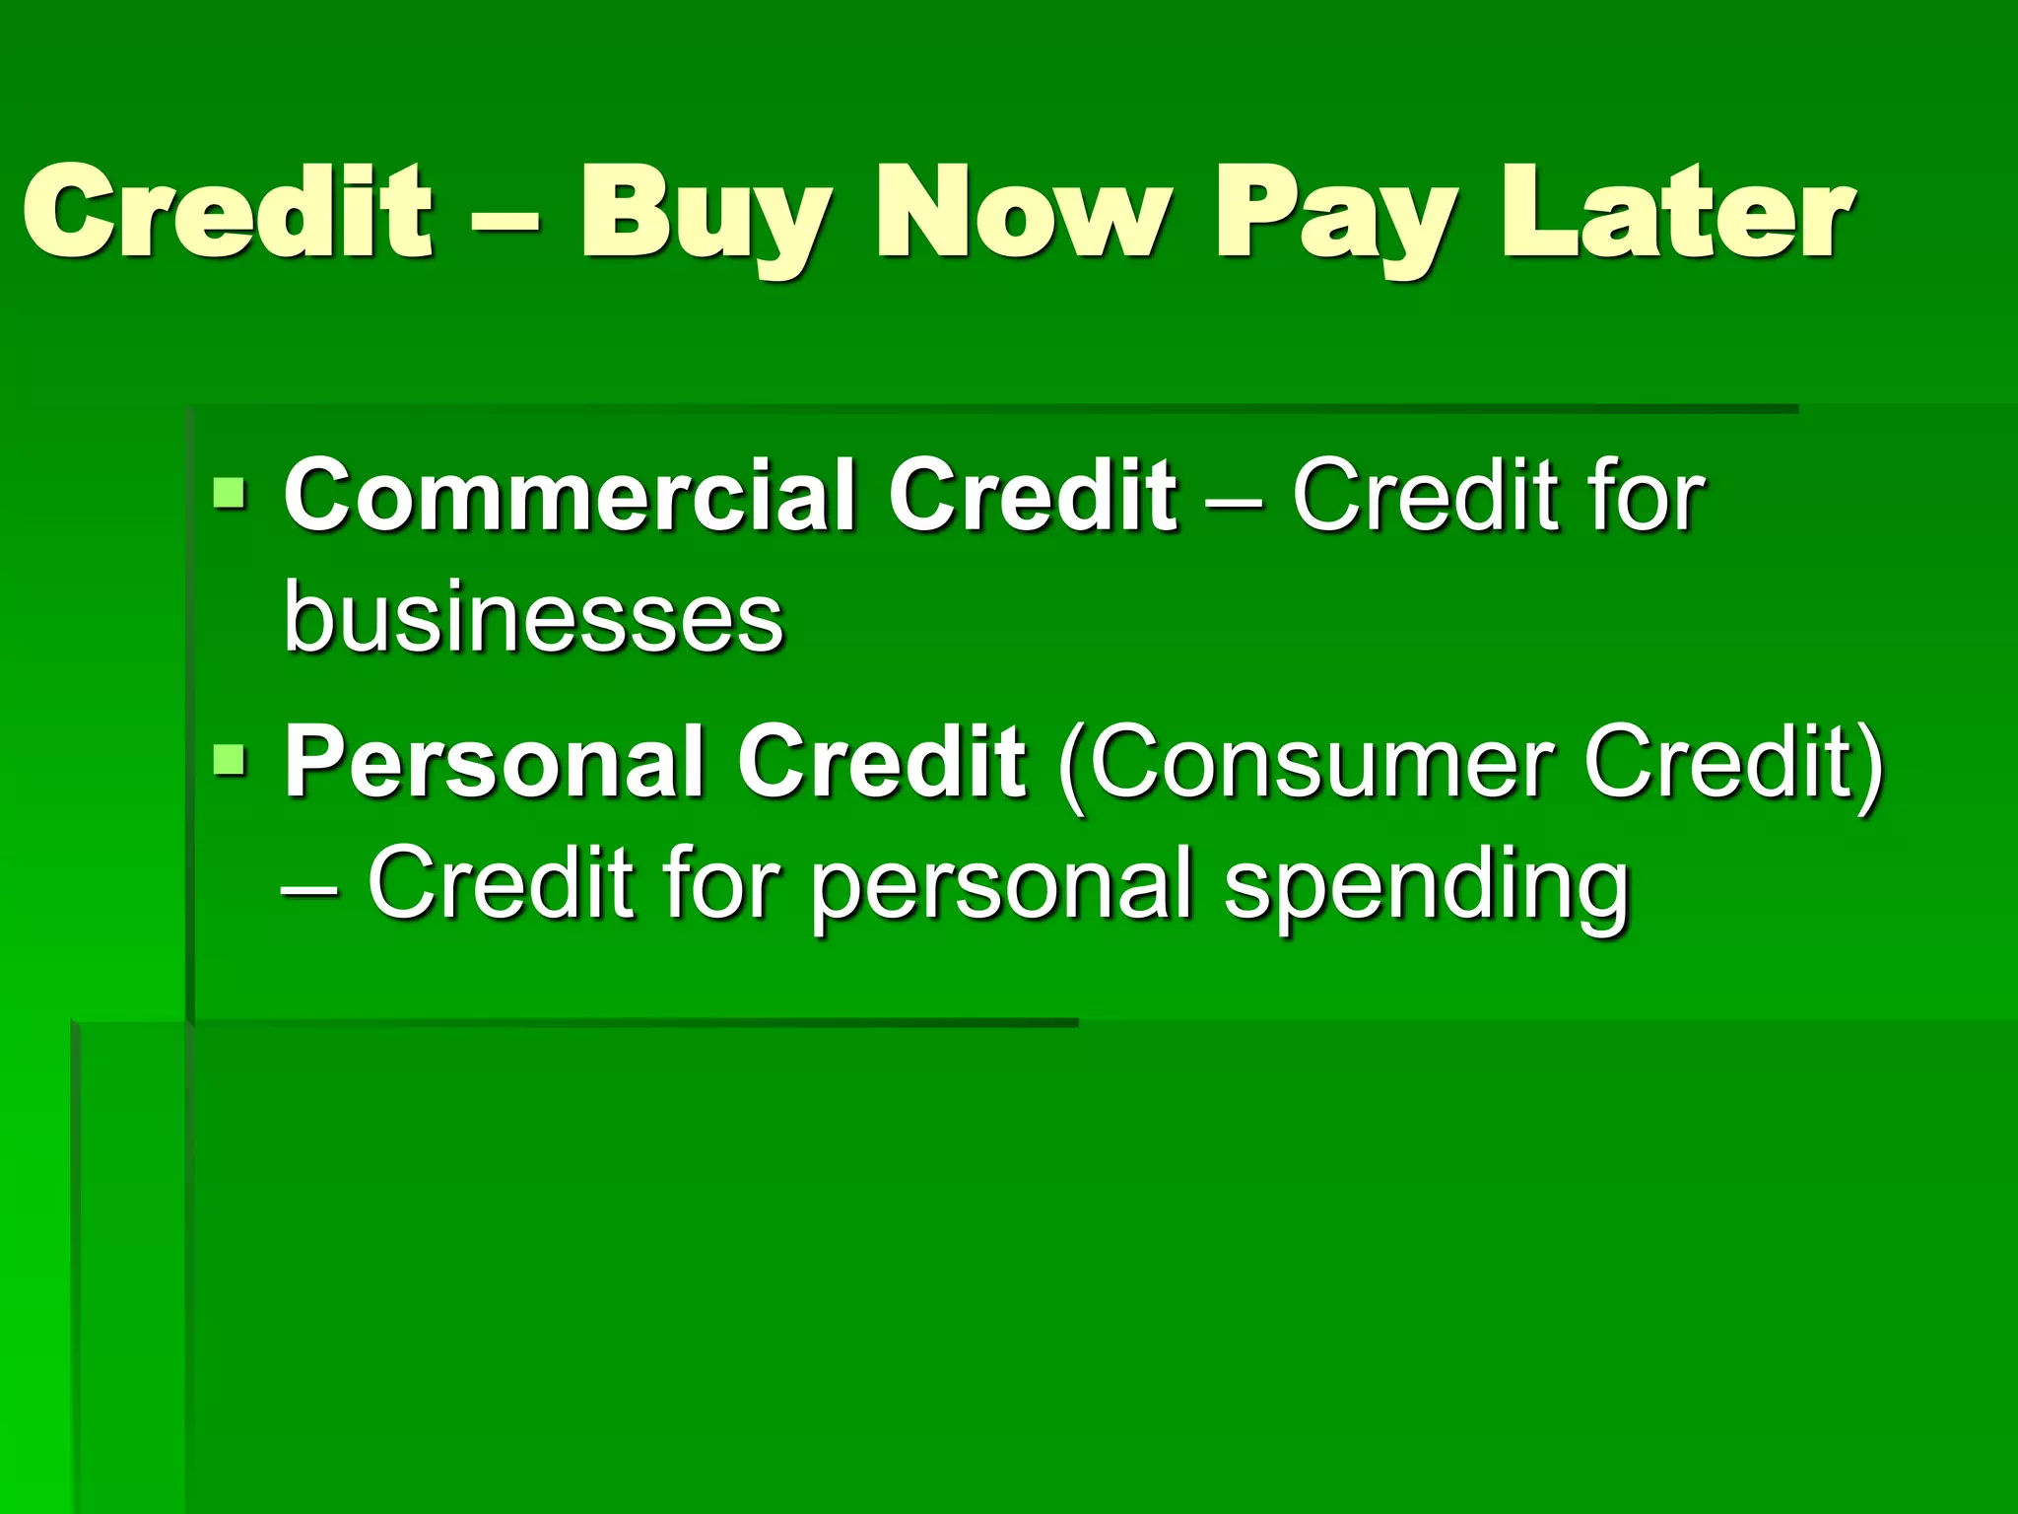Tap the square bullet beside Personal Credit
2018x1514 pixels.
(x=229, y=759)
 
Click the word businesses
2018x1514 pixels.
(x=533, y=618)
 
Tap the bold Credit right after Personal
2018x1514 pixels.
(x=882, y=762)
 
